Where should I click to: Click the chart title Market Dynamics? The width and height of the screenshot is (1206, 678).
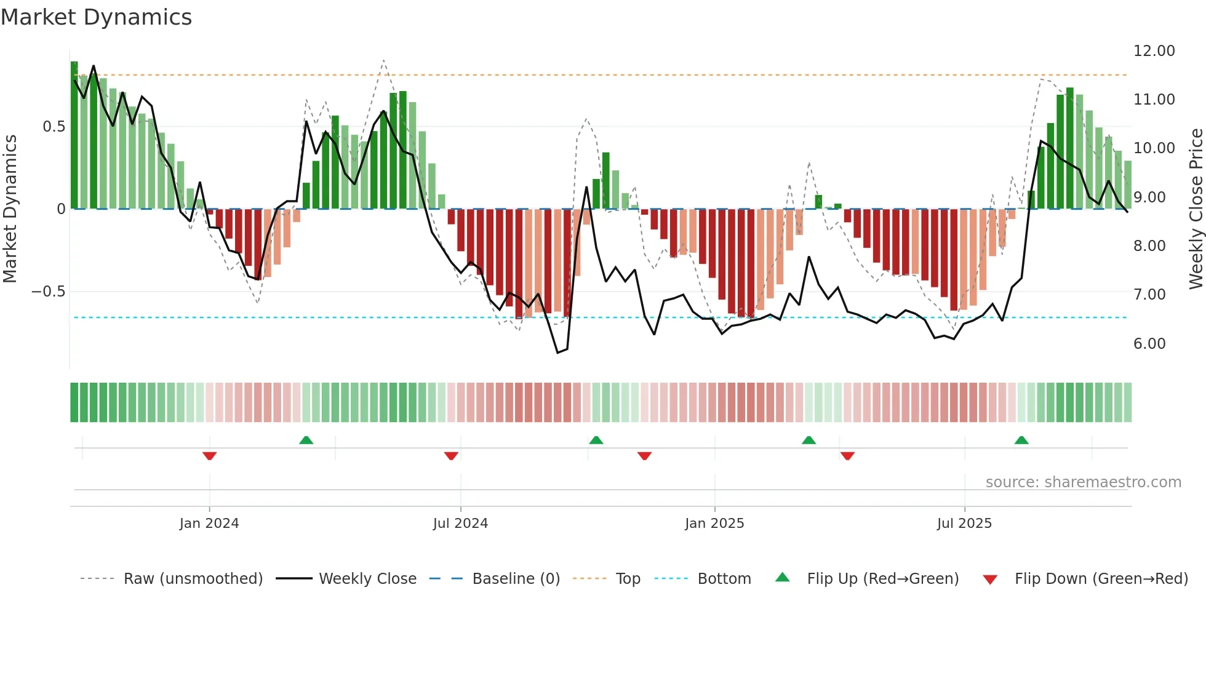tap(96, 17)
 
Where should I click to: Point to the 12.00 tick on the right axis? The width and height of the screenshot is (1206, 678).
tap(1154, 51)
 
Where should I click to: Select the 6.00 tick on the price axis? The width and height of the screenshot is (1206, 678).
tap(1149, 344)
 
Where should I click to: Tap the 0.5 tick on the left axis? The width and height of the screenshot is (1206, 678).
tap(54, 127)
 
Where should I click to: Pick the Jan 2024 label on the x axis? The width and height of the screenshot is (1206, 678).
tap(209, 524)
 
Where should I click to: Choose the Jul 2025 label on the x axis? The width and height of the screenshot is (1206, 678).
tap(964, 524)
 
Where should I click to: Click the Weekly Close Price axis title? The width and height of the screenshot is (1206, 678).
tap(1196, 209)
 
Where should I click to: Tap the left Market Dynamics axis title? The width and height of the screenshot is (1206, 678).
tap(10, 209)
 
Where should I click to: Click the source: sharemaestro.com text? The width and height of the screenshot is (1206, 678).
tap(1083, 482)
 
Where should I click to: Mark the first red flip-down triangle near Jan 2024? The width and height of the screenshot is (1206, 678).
tap(209, 456)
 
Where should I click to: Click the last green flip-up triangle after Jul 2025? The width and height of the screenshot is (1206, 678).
tap(1021, 440)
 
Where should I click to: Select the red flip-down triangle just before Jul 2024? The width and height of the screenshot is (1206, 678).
tap(451, 456)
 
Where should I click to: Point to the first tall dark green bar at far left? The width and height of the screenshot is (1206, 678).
tap(74, 135)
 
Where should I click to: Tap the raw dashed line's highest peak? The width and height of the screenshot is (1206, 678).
tap(383, 60)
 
